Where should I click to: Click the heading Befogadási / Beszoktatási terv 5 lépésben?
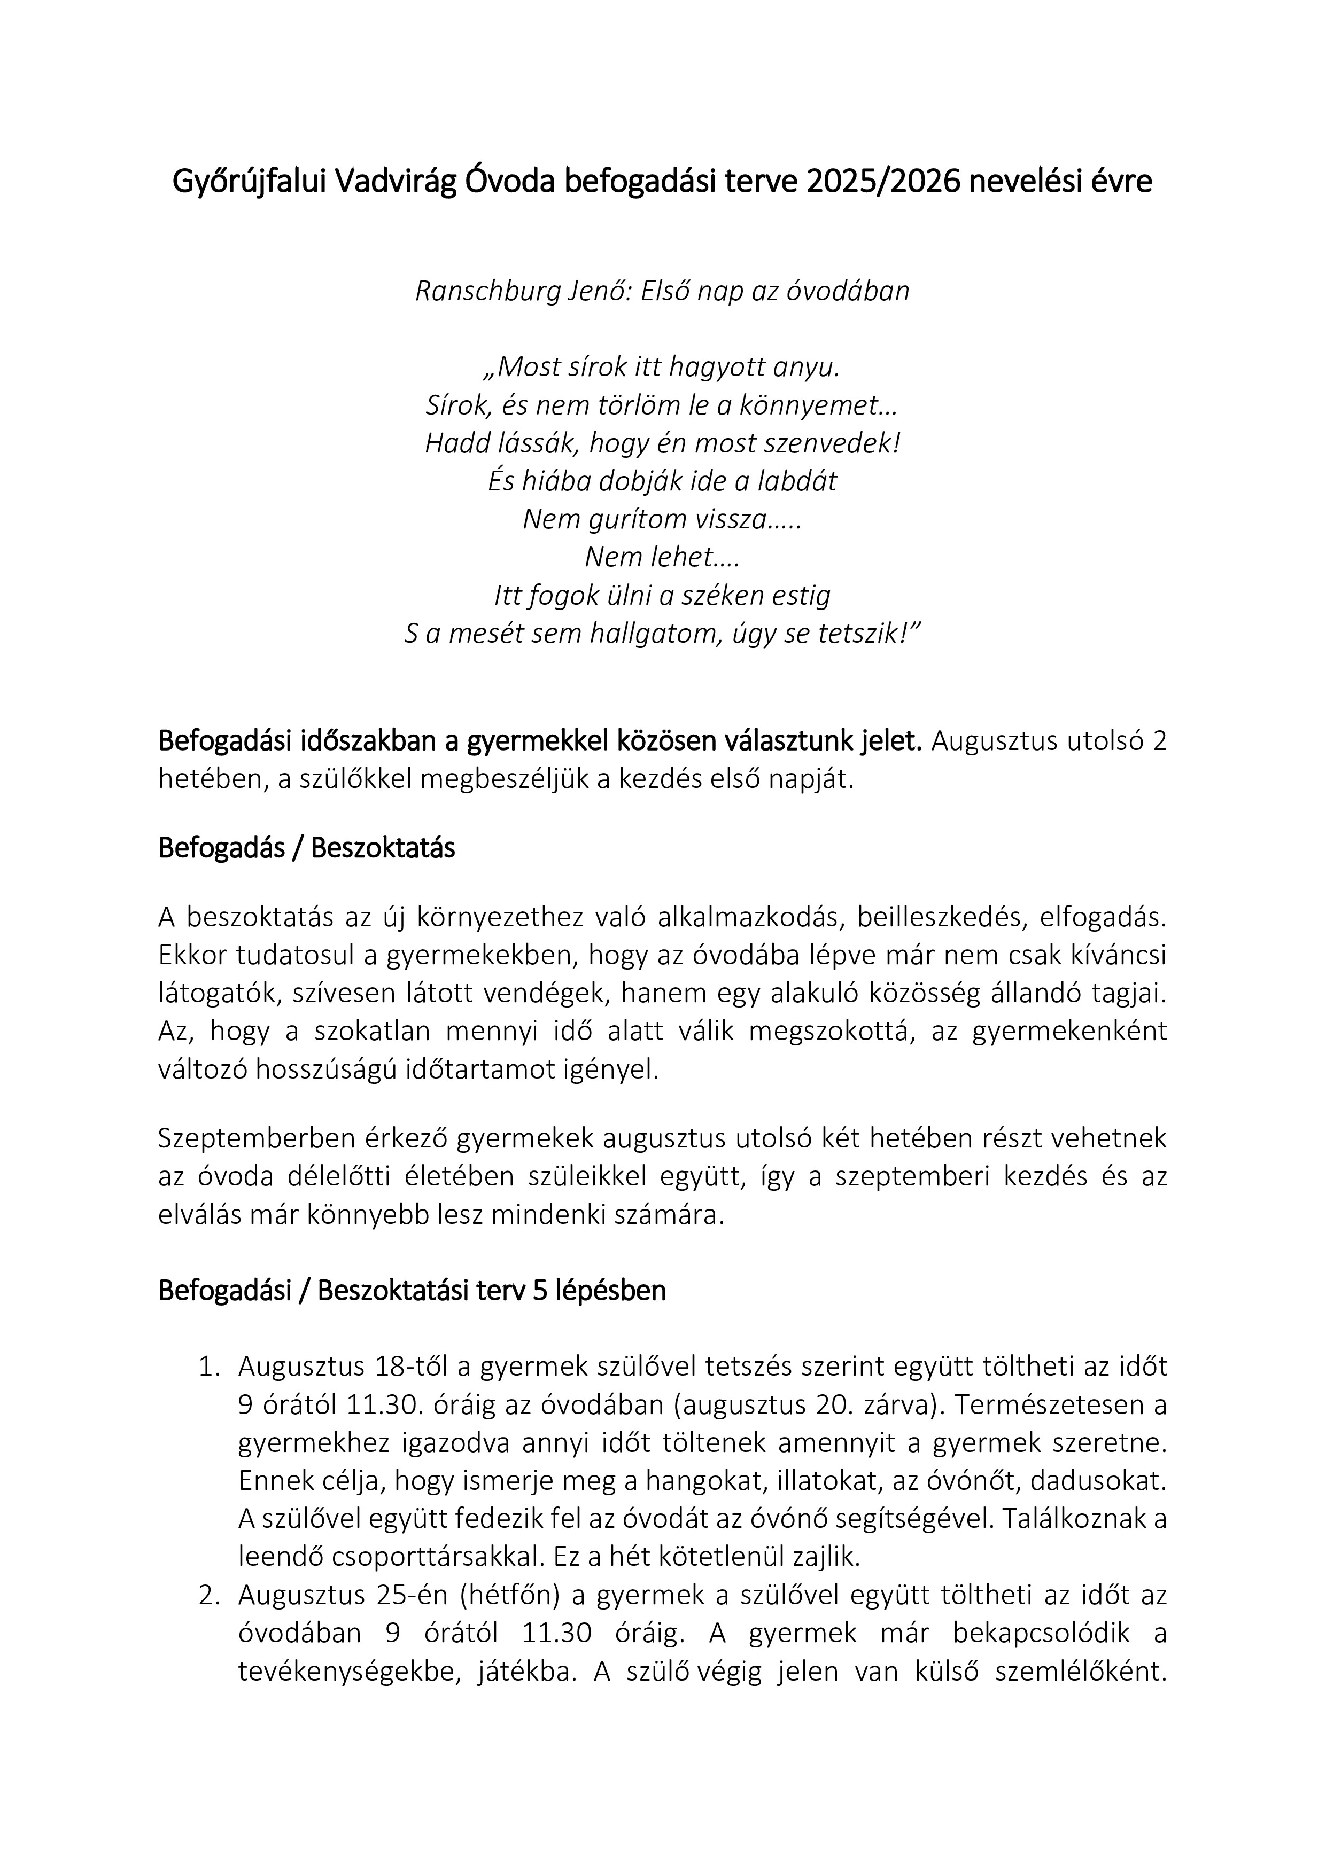click(x=412, y=1291)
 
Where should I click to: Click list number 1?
click(x=209, y=1367)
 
